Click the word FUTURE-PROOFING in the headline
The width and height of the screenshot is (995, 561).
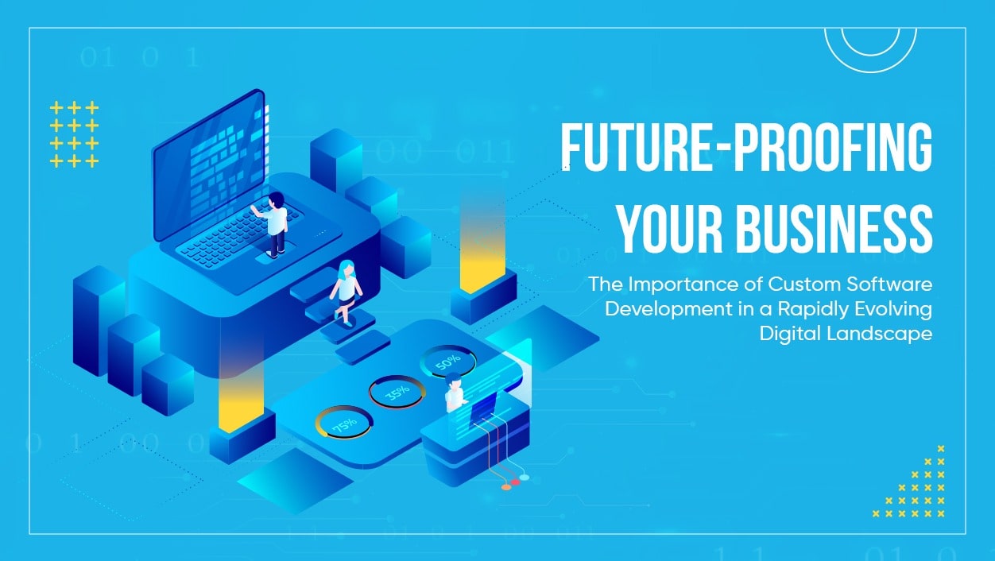(x=746, y=149)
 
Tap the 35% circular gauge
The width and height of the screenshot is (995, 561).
(x=397, y=391)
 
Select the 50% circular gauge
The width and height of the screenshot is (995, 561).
(x=447, y=362)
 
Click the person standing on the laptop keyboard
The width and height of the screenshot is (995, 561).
(x=275, y=224)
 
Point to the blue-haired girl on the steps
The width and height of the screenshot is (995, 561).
(x=347, y=290)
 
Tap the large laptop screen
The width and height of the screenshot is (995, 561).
(x=208, y=166)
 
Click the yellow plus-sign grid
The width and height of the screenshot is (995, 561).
(x=74, y=134)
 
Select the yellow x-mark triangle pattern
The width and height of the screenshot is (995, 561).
(x=922, y=489)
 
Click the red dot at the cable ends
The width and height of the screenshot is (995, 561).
(x=515, y=482)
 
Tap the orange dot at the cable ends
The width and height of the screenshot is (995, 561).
(x=506, y=486)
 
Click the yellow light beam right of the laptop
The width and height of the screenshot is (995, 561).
(x=482, y=246)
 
